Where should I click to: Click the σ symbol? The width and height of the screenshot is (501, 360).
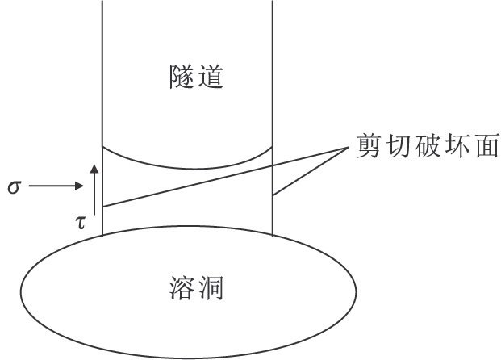tap(13, 187)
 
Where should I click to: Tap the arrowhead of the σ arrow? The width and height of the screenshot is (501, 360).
tap(79, 187)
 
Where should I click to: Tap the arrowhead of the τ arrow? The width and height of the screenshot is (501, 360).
tap(95, 167)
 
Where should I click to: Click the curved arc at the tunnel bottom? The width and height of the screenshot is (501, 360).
tap(187, 166)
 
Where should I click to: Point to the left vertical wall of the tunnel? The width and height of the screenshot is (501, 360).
tap(102, 81)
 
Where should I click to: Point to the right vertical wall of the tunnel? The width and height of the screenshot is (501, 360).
tap(272, 81)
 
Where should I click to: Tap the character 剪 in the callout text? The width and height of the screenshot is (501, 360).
tap(369, 148)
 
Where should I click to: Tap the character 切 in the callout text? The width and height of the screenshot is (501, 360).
tap(399, 148)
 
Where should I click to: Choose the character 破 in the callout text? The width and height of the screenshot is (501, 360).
tap(428, 148)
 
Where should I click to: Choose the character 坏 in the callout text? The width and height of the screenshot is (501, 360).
tap(457, 148)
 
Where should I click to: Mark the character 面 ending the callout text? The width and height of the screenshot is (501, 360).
tap(486, 148)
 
